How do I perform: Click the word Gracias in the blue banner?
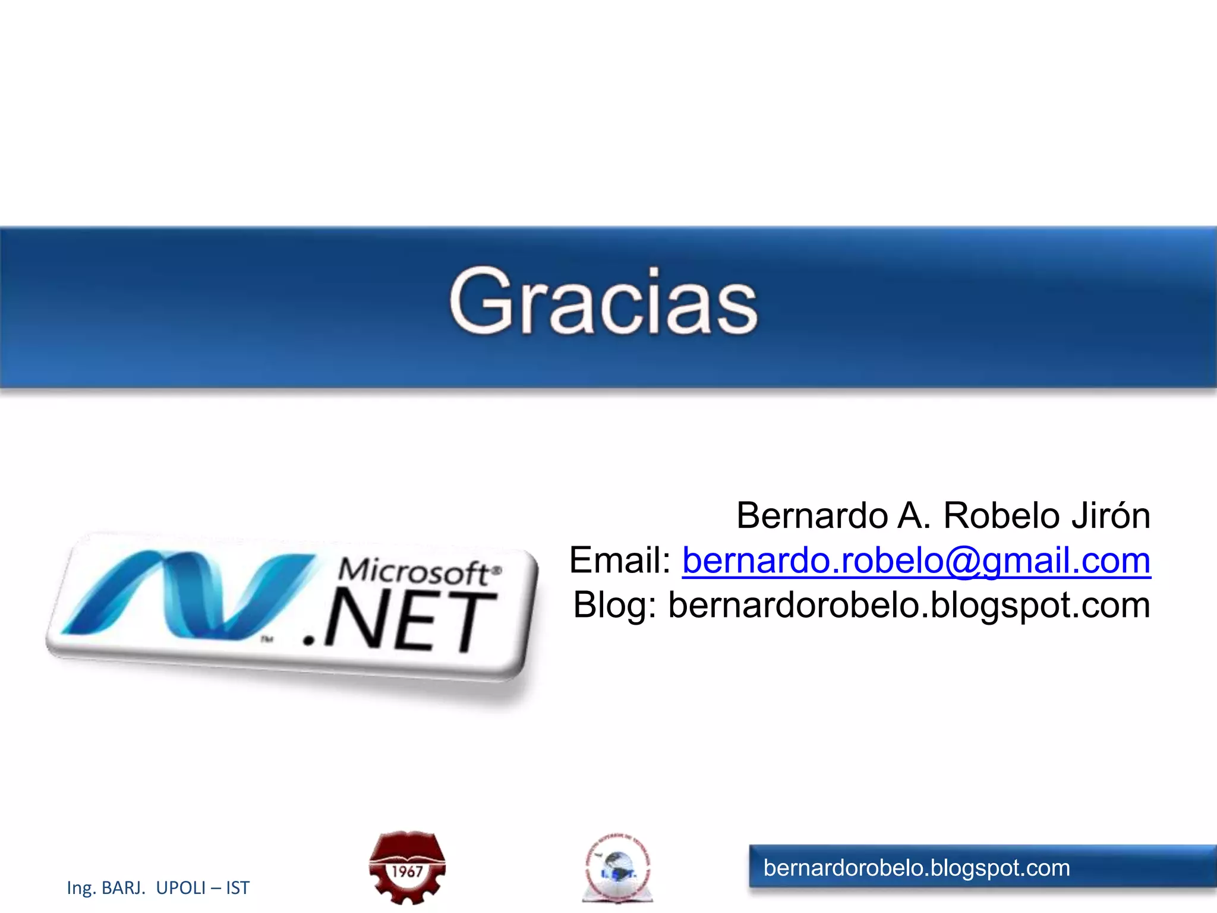pos(603,301)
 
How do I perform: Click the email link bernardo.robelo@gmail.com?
pos(916,561)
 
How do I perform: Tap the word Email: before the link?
pos(620,561)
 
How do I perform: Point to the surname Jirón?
pos(1111,515)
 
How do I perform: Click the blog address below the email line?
pos(909,606)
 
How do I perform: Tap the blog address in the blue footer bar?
pos(916,868)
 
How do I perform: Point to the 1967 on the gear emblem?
pos(407,872)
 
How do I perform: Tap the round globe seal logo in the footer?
pos(618,868)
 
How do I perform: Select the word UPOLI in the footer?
pos(181,888)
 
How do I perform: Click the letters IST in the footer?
pos(238,888)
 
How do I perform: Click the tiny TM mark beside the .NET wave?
pos(267,640)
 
